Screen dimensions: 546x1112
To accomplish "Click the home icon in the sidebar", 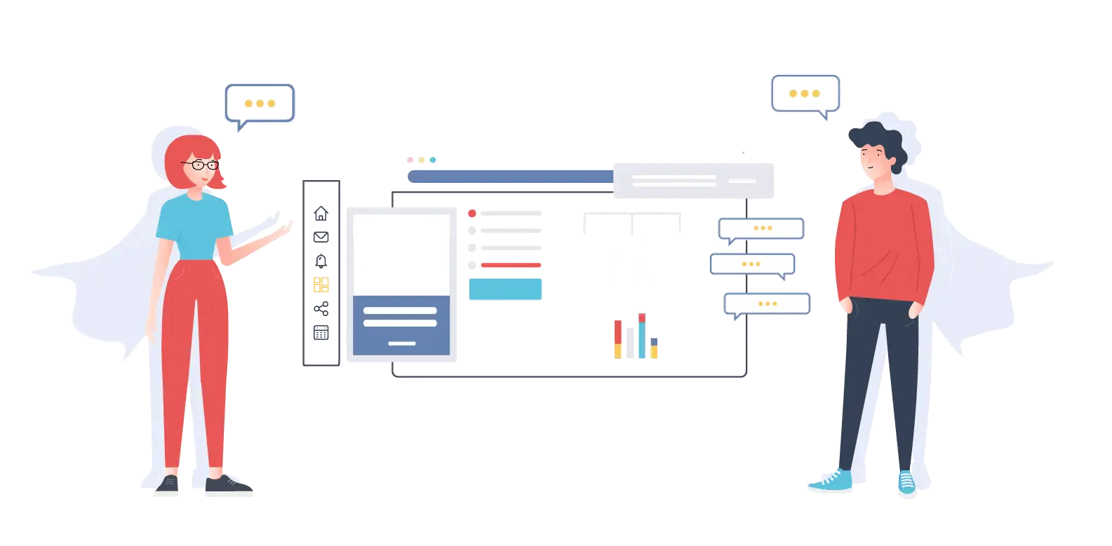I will pos(321,212).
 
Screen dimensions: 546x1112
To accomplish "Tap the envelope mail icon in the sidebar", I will pos(321,237).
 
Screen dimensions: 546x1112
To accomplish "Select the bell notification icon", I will pos(321,261).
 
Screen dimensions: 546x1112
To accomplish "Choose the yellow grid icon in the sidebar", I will pos(321,285).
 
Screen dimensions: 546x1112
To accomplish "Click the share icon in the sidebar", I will pos(321,308).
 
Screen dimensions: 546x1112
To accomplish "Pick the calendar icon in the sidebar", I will pos(321,333).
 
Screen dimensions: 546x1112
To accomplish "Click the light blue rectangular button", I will pos(505,289).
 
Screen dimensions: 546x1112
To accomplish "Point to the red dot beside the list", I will pos(472,213).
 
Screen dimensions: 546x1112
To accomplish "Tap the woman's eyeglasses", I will pos(202,165).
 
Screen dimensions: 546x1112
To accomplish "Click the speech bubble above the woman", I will pos(260,104).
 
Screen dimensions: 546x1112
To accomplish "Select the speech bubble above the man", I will pos(805,93).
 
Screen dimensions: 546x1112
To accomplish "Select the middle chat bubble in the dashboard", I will pos(751,264).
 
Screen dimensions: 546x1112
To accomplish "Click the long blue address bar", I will pos(511,177).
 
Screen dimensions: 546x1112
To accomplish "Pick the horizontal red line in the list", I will pos(511,265).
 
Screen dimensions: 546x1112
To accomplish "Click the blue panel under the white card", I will pos(401,325).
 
